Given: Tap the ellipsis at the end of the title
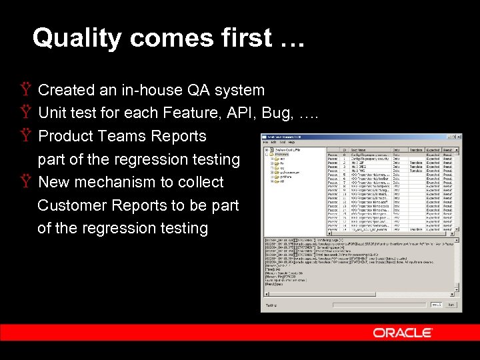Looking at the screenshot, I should point(289,40).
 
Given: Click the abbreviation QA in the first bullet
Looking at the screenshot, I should point(199,90).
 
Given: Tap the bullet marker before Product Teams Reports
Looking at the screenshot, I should point(26,136).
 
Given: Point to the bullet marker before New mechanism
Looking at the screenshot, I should point(26,182).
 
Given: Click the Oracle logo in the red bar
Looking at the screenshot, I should point(402,333).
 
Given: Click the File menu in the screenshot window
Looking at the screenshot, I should point(265,143).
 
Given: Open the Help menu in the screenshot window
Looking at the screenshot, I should point(291,143).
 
